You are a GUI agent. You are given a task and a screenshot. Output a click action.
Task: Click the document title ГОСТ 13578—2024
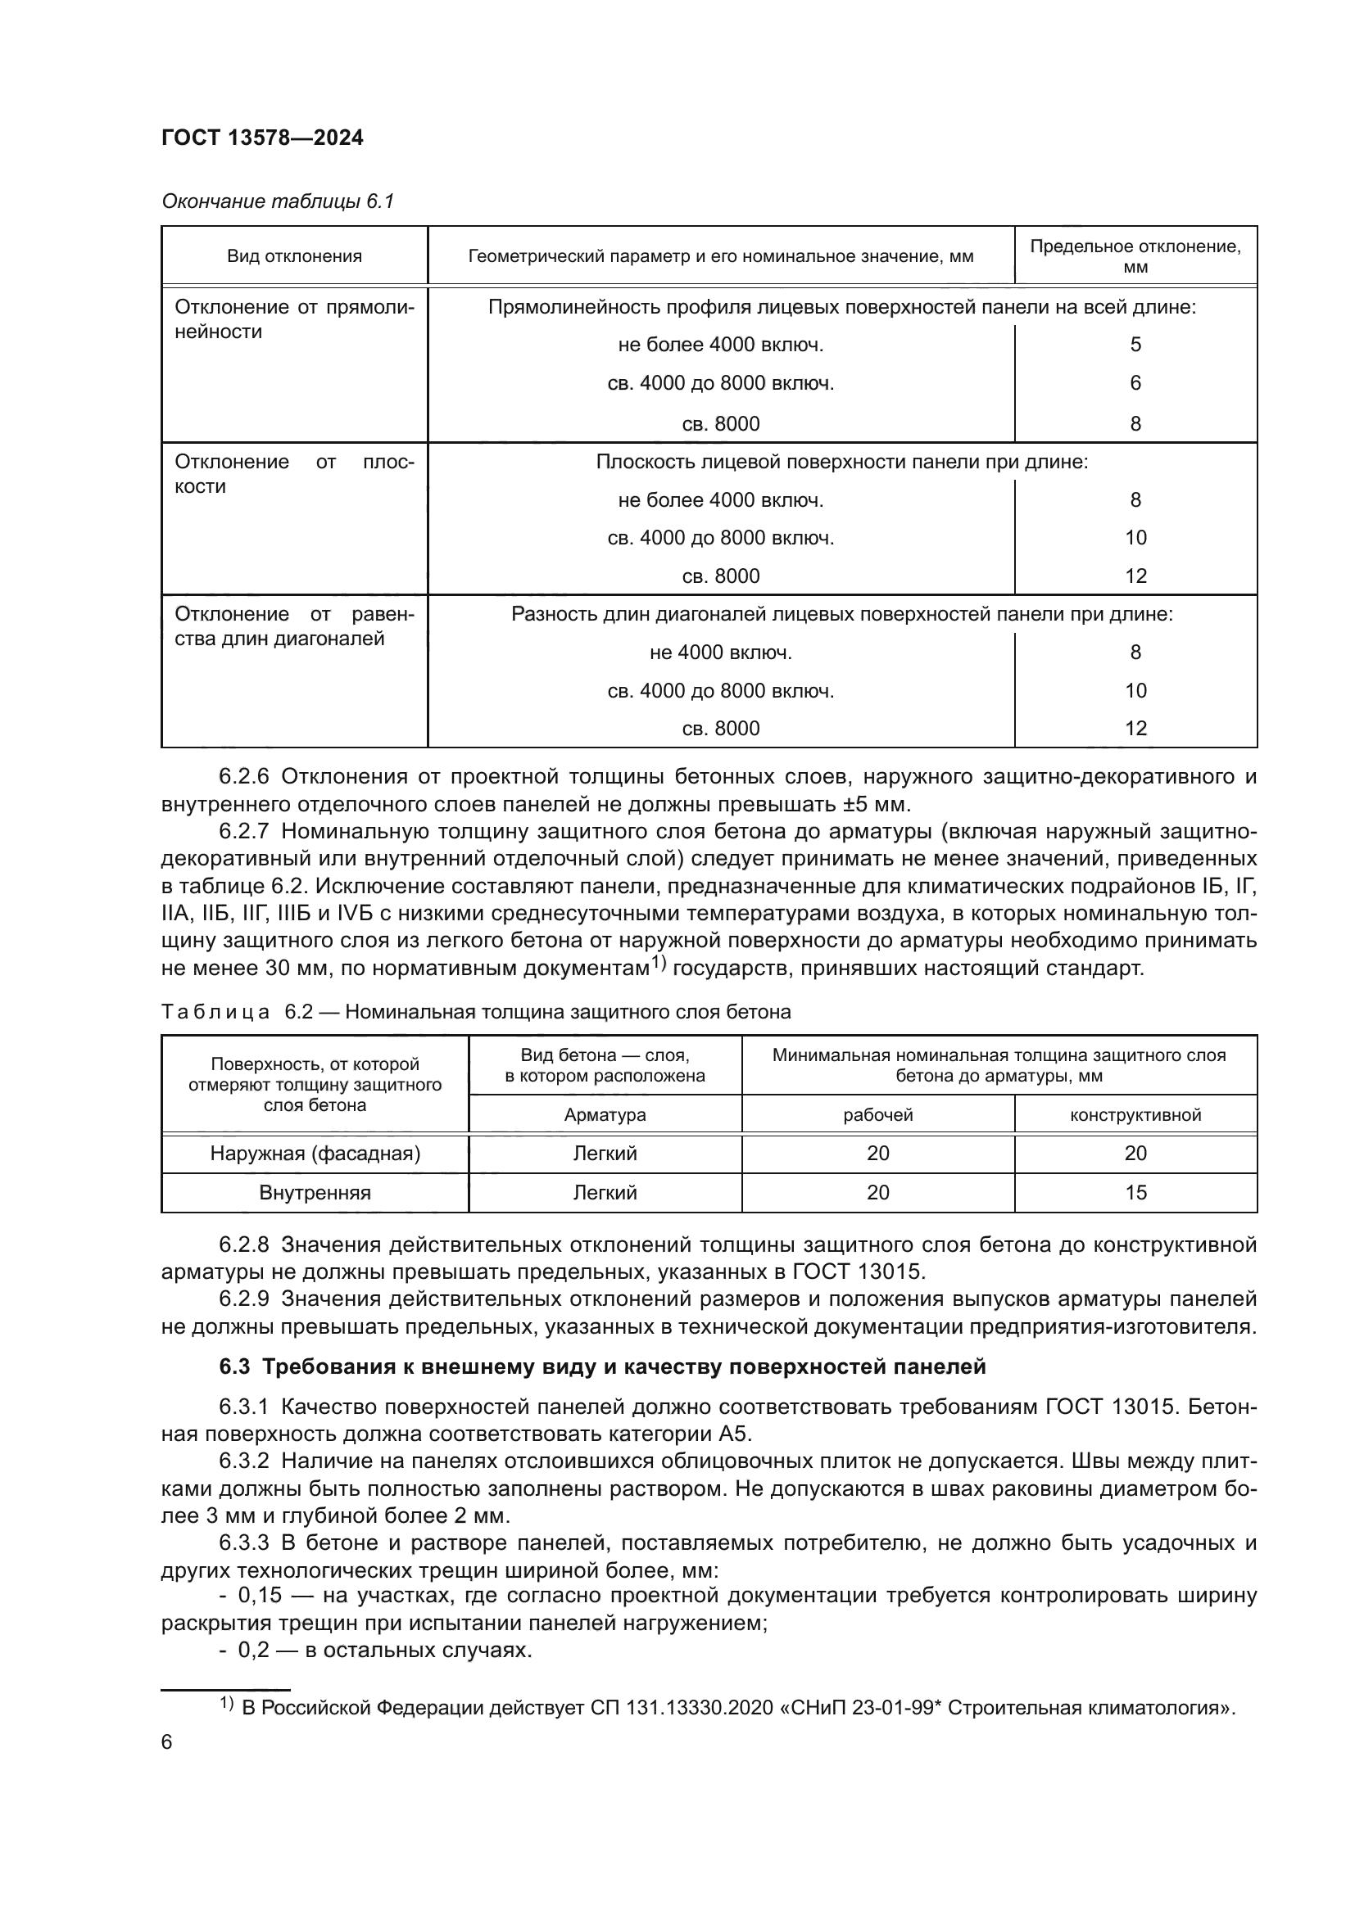pos(262,138)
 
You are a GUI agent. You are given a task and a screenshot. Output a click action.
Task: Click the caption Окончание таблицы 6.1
pos(277,201)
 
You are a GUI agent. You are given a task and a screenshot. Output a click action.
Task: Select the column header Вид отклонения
pos(295,256)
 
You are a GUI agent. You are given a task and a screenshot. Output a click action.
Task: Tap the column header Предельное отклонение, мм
pos(1135,256)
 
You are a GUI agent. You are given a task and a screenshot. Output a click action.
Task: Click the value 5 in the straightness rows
pos(1135,345)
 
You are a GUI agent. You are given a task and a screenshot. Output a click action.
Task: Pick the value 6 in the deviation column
pos(1135,383)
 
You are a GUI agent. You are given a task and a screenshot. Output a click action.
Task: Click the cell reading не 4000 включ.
pos(720,653)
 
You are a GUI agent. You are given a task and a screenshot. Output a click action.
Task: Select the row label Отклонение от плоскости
pos(294,474)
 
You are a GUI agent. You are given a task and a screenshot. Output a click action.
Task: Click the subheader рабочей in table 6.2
pos(877,1115)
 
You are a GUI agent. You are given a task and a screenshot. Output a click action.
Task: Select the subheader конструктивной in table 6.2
pos(1135,1115)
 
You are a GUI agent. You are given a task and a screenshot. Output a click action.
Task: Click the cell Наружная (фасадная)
pos(315,1154)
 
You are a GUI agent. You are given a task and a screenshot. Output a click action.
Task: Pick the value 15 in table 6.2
pos(1135,1193)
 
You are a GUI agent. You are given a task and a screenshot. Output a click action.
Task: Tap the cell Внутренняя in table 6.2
pos(315,1193)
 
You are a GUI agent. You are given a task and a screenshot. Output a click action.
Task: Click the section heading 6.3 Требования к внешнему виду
pos(602,1367)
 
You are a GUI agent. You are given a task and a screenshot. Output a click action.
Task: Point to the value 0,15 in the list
pos(260,1596)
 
